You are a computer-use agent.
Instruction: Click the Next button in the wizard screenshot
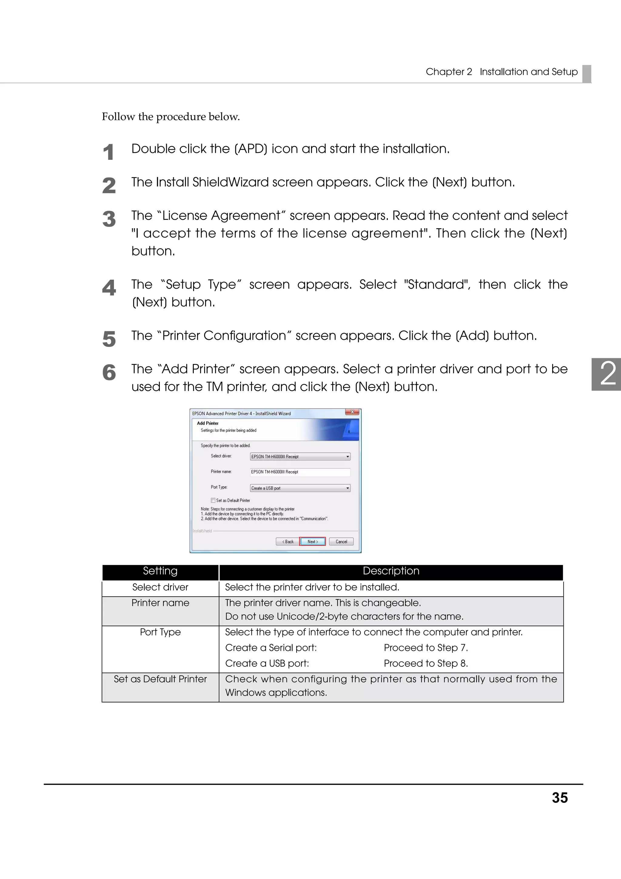312,541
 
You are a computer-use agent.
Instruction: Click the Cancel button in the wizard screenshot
341,541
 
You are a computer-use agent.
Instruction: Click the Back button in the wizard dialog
287,541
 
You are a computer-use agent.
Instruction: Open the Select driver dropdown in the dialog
347,456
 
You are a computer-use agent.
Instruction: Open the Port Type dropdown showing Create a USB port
347,488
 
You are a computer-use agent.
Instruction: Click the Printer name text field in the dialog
300,472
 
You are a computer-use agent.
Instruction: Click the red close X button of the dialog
352,412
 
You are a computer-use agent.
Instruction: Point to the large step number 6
109,372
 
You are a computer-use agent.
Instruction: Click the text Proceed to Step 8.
425,663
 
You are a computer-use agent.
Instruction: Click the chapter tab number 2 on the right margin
608,374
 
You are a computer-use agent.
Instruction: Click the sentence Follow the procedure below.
171,116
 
